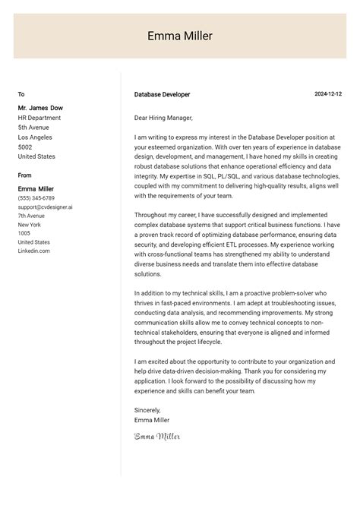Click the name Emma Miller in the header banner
pos(180,36)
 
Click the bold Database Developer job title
pos(162,95)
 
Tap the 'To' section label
pos(21,95)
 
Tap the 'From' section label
pos(25,175)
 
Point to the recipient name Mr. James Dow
pos(41,108)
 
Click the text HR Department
pos(39,118)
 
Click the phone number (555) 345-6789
pos(36,197)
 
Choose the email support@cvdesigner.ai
pos(46,207)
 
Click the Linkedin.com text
pos(34,251)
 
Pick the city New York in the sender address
pos(30,225)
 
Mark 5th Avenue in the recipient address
pos(34,128)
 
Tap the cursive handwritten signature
pos(157,436)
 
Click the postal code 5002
pos(26,147)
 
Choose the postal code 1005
pos(24,233)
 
